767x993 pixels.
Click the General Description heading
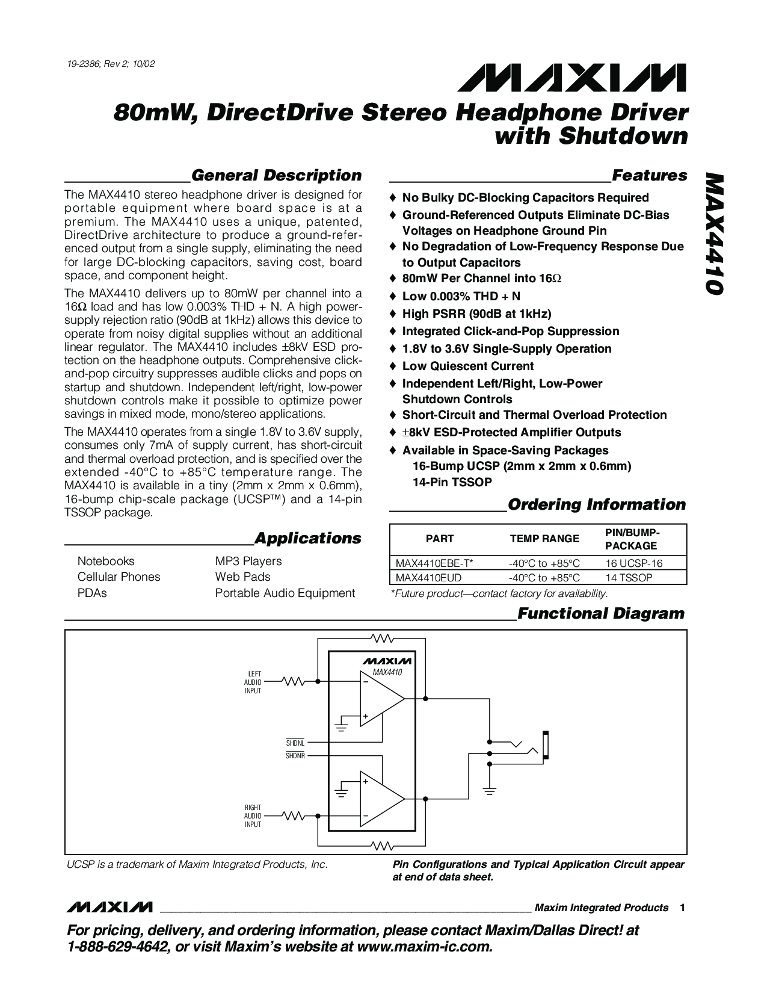(x=276, y=176)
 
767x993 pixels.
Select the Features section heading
(x=649, y=176)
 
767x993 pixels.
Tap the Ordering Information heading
(x=597, y=504)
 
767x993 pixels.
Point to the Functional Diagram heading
(x=601, y=614)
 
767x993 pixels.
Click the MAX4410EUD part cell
(x=425, y=578)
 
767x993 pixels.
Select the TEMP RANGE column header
(x=544, y=539)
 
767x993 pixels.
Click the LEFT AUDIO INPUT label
(x=253, y=682)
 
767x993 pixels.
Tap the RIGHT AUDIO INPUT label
(x=253, y=815)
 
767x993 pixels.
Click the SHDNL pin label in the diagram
(x=295, y=743)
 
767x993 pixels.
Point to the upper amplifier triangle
(x=380, y=699)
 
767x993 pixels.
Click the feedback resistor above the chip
(x=381, y=637)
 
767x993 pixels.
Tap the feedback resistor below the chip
(x=381, y=846)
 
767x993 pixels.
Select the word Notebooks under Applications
(x=106, y=561)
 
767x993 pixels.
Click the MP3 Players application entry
(x=248, y=561)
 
